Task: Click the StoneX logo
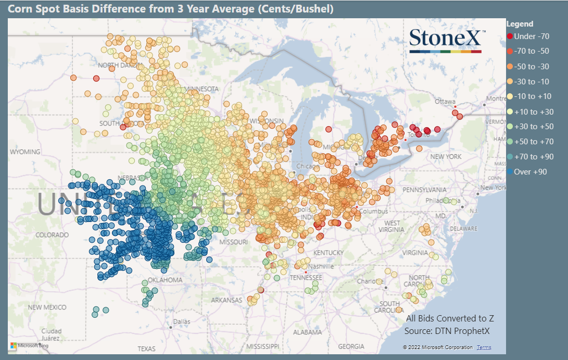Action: [447, 40]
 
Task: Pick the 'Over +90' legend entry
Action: [530, 171]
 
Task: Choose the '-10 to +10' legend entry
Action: [532, 96]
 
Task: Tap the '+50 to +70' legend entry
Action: [533, 141]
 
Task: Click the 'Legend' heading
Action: [520, 24]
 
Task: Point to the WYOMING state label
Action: [24, 152]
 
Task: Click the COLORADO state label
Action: [52, 235]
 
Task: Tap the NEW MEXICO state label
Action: [49, 307]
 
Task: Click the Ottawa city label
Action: [445, 101]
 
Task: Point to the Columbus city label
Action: [373, 211]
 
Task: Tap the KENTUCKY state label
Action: [329, 253]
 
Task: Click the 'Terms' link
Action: [484, 347]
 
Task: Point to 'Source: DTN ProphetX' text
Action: [447, 331]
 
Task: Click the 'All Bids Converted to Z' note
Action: [450, 318]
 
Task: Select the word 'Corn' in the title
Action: [18, 9]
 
